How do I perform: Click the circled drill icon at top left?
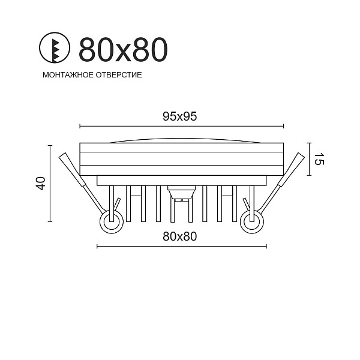tap(55, 49)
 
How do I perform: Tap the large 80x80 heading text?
tap(123, 49)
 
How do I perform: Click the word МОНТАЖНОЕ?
tap(68, 75)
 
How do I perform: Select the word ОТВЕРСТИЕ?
tap(119, 75)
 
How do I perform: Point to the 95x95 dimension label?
tap(180, 116)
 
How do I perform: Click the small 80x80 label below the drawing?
tap(180, 236)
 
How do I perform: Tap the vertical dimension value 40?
tap(41, 183)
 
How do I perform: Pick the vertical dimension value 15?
tap(319, 159)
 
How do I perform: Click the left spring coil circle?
tap(112, 221)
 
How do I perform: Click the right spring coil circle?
tap(252, 221)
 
